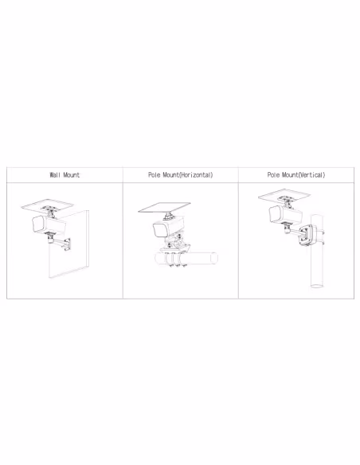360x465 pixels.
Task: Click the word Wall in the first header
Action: point(55,174)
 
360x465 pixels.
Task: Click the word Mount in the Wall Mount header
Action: point(72,174)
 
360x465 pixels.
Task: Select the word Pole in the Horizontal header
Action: point(154,174)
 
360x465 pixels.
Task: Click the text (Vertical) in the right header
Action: point(311,174)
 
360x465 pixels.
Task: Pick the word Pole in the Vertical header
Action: point(273,174)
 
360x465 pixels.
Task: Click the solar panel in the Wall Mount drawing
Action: point(48,205)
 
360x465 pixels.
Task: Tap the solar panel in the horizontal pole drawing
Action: point(164,207)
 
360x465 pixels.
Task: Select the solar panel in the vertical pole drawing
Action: point(284,195)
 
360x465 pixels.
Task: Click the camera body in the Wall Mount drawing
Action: point(49,225)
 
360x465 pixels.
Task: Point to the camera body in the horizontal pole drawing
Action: point(168,227)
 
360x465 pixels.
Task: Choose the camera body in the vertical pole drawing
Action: point(285,214)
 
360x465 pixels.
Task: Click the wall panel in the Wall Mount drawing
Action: point(68,244)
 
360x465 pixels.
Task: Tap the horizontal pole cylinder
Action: point(186,258)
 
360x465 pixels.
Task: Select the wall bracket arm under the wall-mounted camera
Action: point(60,242)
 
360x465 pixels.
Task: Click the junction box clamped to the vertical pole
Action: point(307,236)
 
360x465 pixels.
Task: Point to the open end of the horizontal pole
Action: point(214,258)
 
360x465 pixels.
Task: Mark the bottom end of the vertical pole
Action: point(317,286)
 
